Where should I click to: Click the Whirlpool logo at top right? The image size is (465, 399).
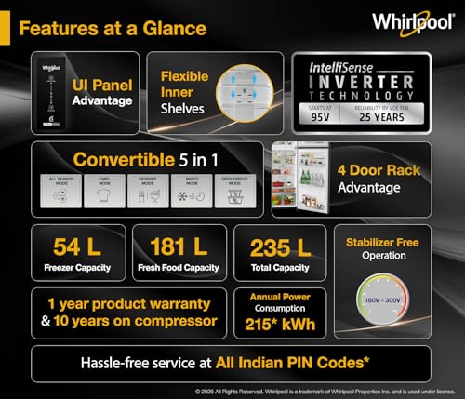[413, 21]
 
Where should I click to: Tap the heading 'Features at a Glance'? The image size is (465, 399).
[113, 28]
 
